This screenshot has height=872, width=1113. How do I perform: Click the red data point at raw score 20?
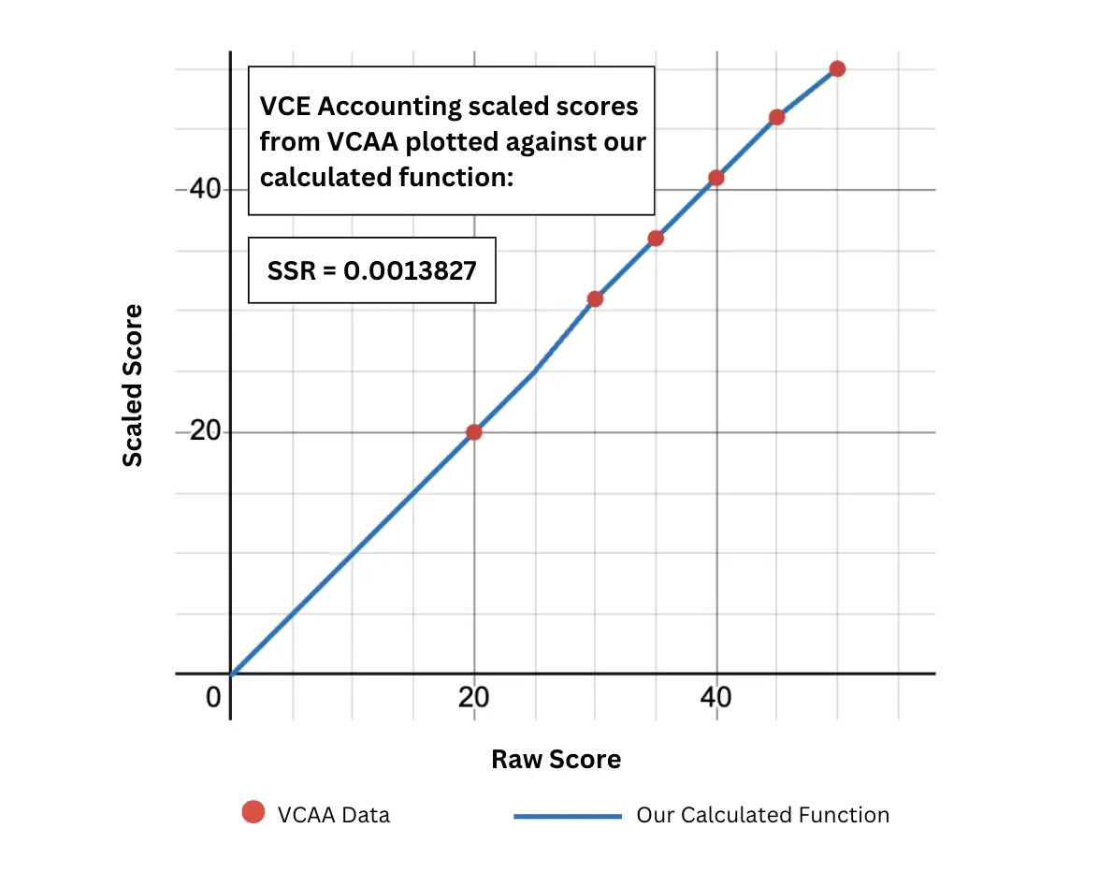[474, 432]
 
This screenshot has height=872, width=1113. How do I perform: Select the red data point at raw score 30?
[595, 299]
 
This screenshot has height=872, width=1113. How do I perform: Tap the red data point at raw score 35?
[656, 239]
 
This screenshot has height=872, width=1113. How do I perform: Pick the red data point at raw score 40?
[716, 178]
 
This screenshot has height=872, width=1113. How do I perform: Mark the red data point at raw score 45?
[776, 117]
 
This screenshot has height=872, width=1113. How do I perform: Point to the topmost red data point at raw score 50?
[837, 68]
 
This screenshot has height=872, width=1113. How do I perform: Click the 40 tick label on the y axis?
[205, 189]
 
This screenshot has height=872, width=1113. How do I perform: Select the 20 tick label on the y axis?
[205, 432]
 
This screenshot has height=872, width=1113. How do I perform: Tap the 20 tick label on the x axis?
[474, 699]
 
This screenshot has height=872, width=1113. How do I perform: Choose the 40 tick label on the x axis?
[716, 699]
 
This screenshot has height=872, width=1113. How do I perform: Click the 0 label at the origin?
[213, 699]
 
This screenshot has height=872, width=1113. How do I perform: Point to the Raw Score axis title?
[556, 759]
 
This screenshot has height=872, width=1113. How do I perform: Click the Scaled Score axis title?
[134, 385]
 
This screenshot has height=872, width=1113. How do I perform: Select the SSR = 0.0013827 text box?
[371, 270]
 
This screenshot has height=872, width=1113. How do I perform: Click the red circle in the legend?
[253, 812]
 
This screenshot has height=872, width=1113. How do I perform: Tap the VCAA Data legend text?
[334, 815]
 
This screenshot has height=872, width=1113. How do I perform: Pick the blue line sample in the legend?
[568, 816]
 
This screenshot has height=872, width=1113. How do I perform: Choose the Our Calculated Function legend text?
[762, 815]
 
